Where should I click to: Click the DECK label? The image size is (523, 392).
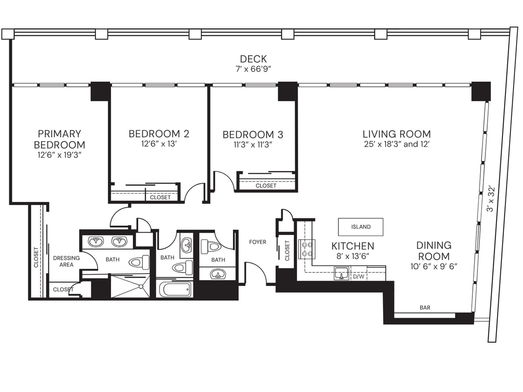click(253, 59)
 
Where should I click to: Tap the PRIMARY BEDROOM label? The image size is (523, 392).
click(60, 139)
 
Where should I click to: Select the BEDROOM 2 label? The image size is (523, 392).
click(159, 134)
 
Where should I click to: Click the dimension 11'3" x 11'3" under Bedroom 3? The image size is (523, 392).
click(252, 144)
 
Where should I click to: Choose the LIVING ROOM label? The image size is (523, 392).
click(397, 134)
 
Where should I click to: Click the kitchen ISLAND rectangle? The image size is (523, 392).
click(361, 227)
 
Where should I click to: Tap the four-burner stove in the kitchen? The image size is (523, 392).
click(307, 249)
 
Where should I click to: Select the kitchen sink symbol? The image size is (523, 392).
click(342, 274)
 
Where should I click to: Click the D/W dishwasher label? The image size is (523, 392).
click(358, 277)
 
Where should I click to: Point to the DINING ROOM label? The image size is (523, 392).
click(433, 251)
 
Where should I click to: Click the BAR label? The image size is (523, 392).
click(424, 307)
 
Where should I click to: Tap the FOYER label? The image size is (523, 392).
click(258, 242)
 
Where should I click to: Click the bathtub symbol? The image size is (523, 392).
click(175, 289)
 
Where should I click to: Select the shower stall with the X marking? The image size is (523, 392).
click(130, 286)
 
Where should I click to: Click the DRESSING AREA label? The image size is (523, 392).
click(66, 261)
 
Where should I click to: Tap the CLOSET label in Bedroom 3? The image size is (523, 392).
click(266, 186)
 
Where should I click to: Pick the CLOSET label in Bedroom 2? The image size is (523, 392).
click(160, 197)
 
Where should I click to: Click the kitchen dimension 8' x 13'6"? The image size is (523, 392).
click(352, 255)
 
